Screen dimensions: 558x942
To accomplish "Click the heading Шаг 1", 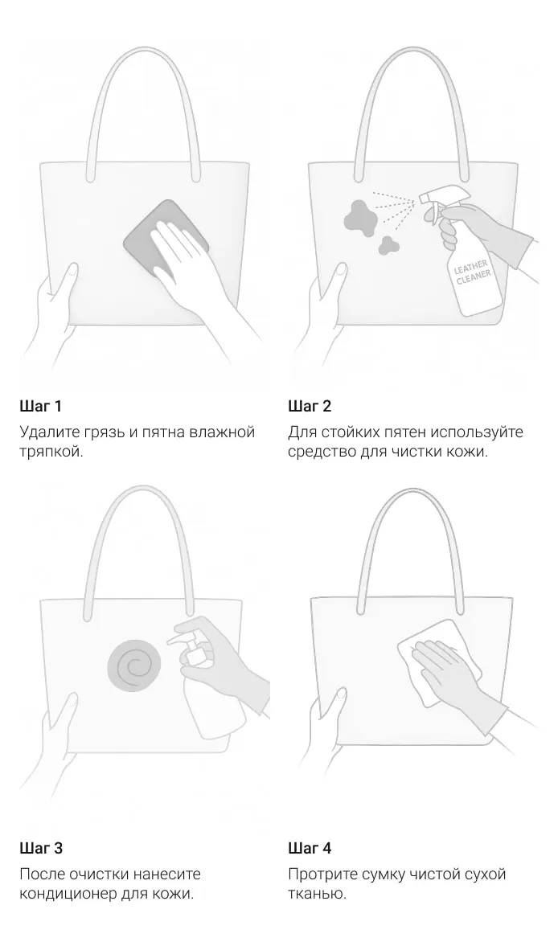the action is [x=40, y=406].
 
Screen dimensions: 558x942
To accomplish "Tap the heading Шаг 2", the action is [x=310, y=406].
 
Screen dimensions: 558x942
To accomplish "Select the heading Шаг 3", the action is [x=41, y=848].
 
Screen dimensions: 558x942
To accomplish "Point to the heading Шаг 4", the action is [x=310, y=848].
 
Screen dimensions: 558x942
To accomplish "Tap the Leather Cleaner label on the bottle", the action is [x=473, y=273].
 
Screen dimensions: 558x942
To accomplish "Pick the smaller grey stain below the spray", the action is [x=388, y=244].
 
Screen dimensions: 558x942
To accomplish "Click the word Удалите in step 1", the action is [x=49, y=432].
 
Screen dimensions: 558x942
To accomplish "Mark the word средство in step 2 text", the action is [x=322, y=452].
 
